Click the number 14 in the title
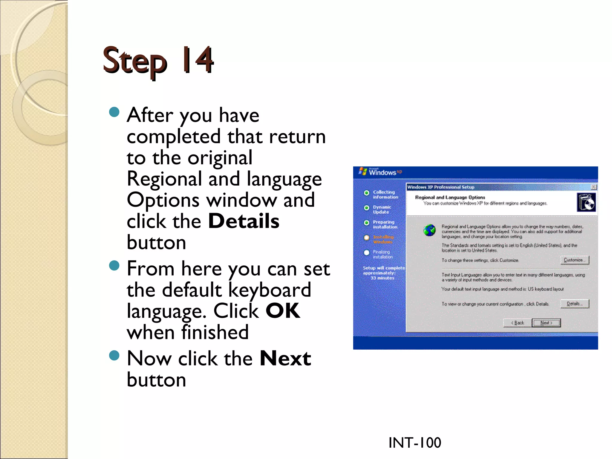198,60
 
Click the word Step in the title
134,62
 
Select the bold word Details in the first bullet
244,221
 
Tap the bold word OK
283,311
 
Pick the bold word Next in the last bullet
285,358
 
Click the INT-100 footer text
414,443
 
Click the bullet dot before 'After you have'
114,112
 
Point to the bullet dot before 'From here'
114,265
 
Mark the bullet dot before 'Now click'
114,356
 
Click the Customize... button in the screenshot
574,260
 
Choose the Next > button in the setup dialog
546,323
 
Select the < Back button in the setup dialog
518,323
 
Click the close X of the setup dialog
594,187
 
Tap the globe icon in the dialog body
429,230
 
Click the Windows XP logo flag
363,172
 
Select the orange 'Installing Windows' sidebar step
383,239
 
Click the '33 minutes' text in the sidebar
382,278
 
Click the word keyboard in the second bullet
270,290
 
